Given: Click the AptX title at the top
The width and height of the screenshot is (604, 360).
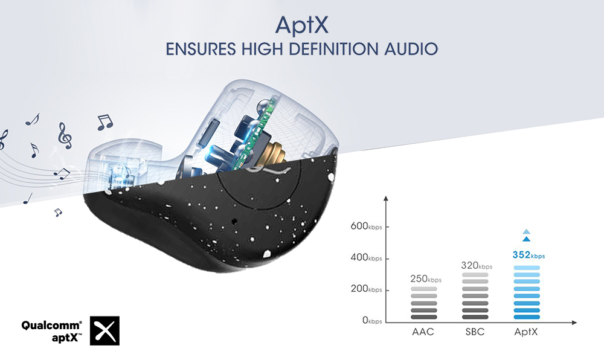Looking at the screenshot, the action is pos(301,25).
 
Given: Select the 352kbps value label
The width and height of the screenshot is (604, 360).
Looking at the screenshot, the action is pos(528,255).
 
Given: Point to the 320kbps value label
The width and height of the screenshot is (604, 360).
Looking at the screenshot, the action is pos(477,265).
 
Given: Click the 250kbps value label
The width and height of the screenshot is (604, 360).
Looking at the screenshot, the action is pos(426,278).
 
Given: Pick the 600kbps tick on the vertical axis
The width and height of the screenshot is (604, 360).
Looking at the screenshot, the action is pos(367,226).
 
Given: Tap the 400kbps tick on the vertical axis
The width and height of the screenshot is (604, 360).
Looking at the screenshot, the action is pos(367,257).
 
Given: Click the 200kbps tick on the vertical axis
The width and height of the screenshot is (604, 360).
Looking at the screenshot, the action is pos(367,289).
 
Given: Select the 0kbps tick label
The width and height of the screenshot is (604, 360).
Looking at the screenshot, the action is pos(372,320).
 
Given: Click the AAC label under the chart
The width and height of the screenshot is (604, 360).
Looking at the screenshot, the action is pos(423,332).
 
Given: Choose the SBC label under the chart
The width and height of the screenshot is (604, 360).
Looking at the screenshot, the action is pos(475,332).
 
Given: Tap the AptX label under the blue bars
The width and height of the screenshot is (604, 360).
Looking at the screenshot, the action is pos(526,332).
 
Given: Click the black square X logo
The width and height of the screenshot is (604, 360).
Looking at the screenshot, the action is pos(104,331).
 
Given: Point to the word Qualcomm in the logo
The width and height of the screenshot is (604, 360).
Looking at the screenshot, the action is pos(51,326).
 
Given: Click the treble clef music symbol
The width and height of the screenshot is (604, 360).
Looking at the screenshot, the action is pos(65,136).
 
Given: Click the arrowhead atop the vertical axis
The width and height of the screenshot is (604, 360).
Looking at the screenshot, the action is pos(386,198).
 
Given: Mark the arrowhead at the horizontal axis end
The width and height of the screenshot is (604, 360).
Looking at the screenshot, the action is pos(574,323).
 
